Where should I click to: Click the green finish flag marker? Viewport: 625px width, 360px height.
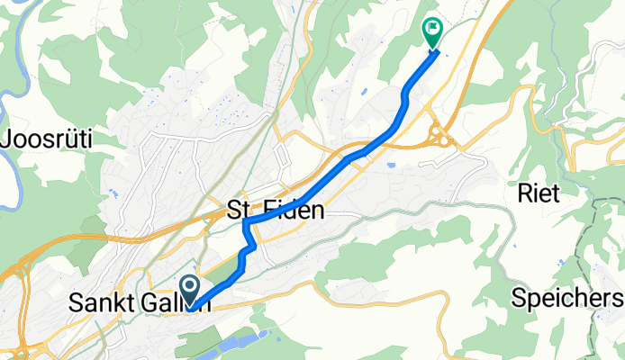point(433,32)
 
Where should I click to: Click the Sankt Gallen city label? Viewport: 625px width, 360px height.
point(140,305)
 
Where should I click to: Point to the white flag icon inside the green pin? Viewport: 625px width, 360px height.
point(434,29)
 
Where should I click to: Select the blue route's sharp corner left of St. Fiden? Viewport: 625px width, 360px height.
point(245,221)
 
